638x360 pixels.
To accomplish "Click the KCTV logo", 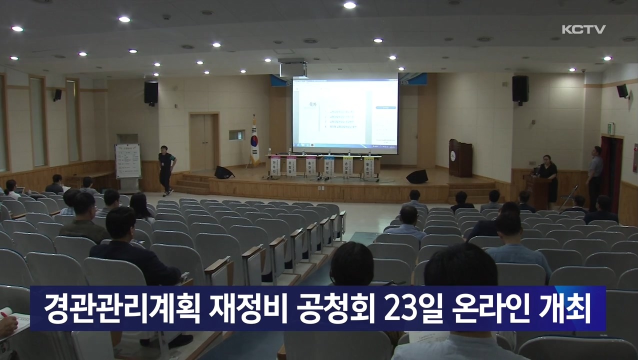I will click(x=583, y=29).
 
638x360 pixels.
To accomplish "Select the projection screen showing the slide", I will click(x=345, y=115).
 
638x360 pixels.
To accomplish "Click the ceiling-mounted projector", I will click(x=293, y=68).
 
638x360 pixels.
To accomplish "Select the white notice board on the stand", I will click(x=128, y=161).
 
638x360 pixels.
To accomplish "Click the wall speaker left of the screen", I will click(x=151, y=93).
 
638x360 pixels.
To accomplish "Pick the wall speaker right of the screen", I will click(x=520, y=89).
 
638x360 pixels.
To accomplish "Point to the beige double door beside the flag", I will click(x=204, y=142).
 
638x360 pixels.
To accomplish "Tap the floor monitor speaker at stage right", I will click(x=417, y=176).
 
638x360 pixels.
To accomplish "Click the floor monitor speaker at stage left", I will click(x=224, y=172).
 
